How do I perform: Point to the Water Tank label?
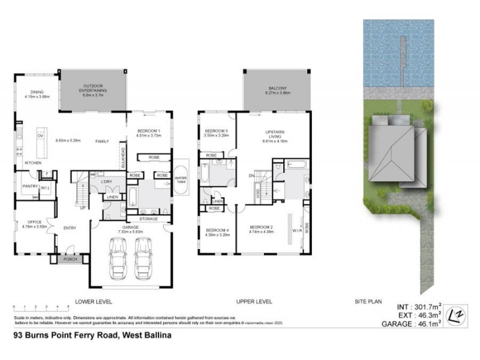(181, 179)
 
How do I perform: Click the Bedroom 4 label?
(217, 232)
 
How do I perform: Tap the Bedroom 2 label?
(262, 229)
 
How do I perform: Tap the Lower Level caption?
(92, 301)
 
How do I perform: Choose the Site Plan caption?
(367, 301)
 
